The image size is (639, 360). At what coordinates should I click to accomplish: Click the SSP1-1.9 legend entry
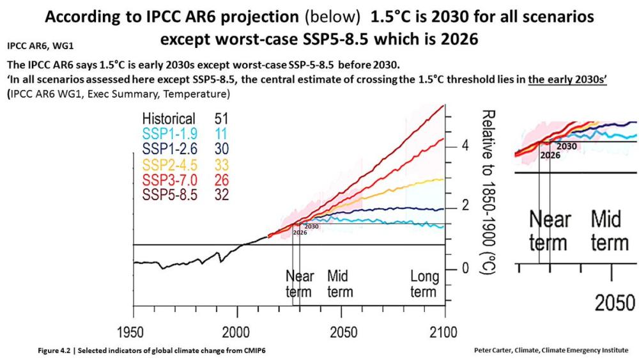click(170, 133)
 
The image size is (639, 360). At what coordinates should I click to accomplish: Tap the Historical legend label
click(169, 119)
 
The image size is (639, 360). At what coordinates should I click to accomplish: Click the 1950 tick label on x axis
click(133, 333)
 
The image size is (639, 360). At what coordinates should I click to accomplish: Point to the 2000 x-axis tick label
click(237, 333)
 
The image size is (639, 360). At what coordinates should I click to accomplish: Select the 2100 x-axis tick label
click(444, 333)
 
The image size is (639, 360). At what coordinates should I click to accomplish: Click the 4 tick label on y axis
click(466, 145)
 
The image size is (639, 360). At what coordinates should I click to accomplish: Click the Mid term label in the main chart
click(340, 284)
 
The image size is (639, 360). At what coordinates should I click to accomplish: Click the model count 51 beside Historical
click(219, 119)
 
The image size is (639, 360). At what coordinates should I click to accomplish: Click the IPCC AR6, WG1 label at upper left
click(32, 46)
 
